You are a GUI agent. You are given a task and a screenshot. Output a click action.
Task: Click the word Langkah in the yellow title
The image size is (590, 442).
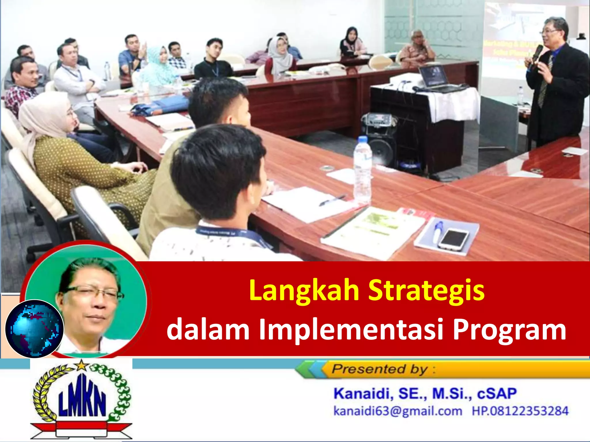tap(304, 291)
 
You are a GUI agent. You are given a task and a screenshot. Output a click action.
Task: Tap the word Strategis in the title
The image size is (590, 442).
tap(426, 291)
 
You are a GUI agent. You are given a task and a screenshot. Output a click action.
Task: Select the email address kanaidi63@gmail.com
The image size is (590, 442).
tap(398, 411)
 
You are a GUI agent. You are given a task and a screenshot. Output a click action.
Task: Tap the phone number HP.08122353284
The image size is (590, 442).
tap(520, 411)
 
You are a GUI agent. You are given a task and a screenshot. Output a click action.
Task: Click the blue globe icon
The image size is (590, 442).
tap(35, 329)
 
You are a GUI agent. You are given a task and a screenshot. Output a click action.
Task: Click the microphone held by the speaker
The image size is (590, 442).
tap(536, 55)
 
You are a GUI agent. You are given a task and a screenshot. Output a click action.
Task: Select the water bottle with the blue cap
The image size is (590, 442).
tap(362, 170)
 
